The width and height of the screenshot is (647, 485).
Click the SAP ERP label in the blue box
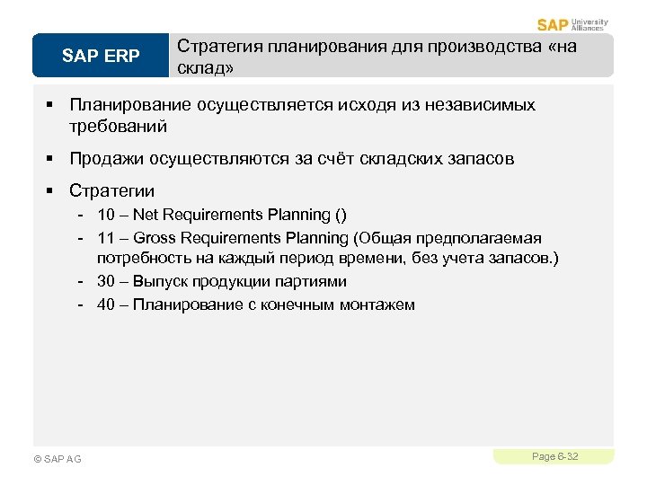101,57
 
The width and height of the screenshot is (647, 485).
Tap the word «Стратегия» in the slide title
218,46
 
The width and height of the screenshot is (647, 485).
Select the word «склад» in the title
205,68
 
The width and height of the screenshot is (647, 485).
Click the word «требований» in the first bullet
118,127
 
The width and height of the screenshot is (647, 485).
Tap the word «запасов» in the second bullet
483,159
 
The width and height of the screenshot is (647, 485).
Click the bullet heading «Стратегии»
112,190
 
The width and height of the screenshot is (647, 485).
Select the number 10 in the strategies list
106,215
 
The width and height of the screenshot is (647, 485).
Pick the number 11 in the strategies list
106,238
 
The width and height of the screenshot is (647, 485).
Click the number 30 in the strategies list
106,281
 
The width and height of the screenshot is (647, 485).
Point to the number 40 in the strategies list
106,304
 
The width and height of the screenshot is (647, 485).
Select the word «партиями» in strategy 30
315,281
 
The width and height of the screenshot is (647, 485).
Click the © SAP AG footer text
57,459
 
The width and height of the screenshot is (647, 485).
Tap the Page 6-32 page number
554,457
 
